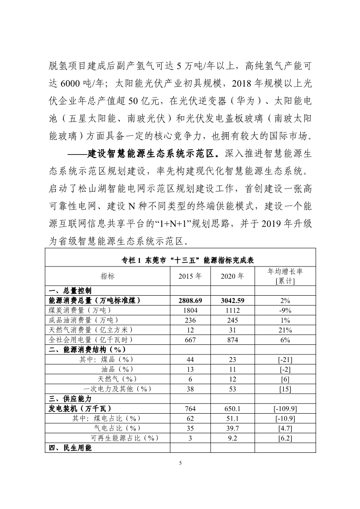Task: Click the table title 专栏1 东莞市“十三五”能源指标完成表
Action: point(180,260)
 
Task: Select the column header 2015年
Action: point(190,276)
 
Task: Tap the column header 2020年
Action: point(232,276)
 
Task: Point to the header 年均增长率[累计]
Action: point(285,276)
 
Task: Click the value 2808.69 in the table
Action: point(190,300)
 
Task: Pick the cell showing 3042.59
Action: point(232,300)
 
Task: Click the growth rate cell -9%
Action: point(285,310)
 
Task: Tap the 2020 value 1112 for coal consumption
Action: point(232,310)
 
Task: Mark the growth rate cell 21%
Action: point(285,330)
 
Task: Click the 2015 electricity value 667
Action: point(190,340)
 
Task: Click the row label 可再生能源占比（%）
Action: point(124,438)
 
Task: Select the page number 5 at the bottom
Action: point(180,463)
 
